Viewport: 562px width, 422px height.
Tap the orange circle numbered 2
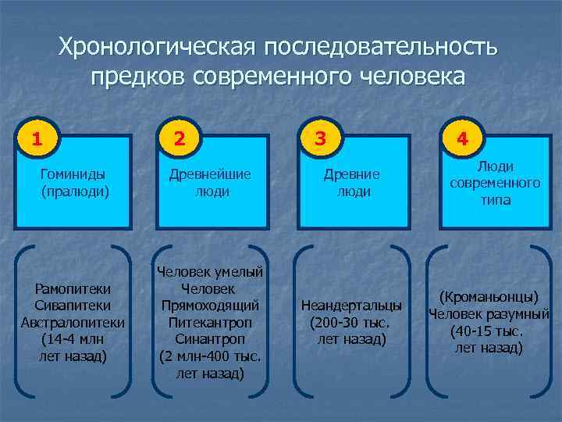click(x=180, y=140)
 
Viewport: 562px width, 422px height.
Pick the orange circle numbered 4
click(x=462, y=140)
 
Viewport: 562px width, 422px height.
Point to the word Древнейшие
click(x=213, y=173)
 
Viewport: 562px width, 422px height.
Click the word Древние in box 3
click(x=353, y=173)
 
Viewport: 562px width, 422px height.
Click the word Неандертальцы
click(x=352, y=305)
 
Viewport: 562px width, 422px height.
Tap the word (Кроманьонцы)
click(x=489, y=298)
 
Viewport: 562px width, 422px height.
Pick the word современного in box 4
click(x=495, y=183)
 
